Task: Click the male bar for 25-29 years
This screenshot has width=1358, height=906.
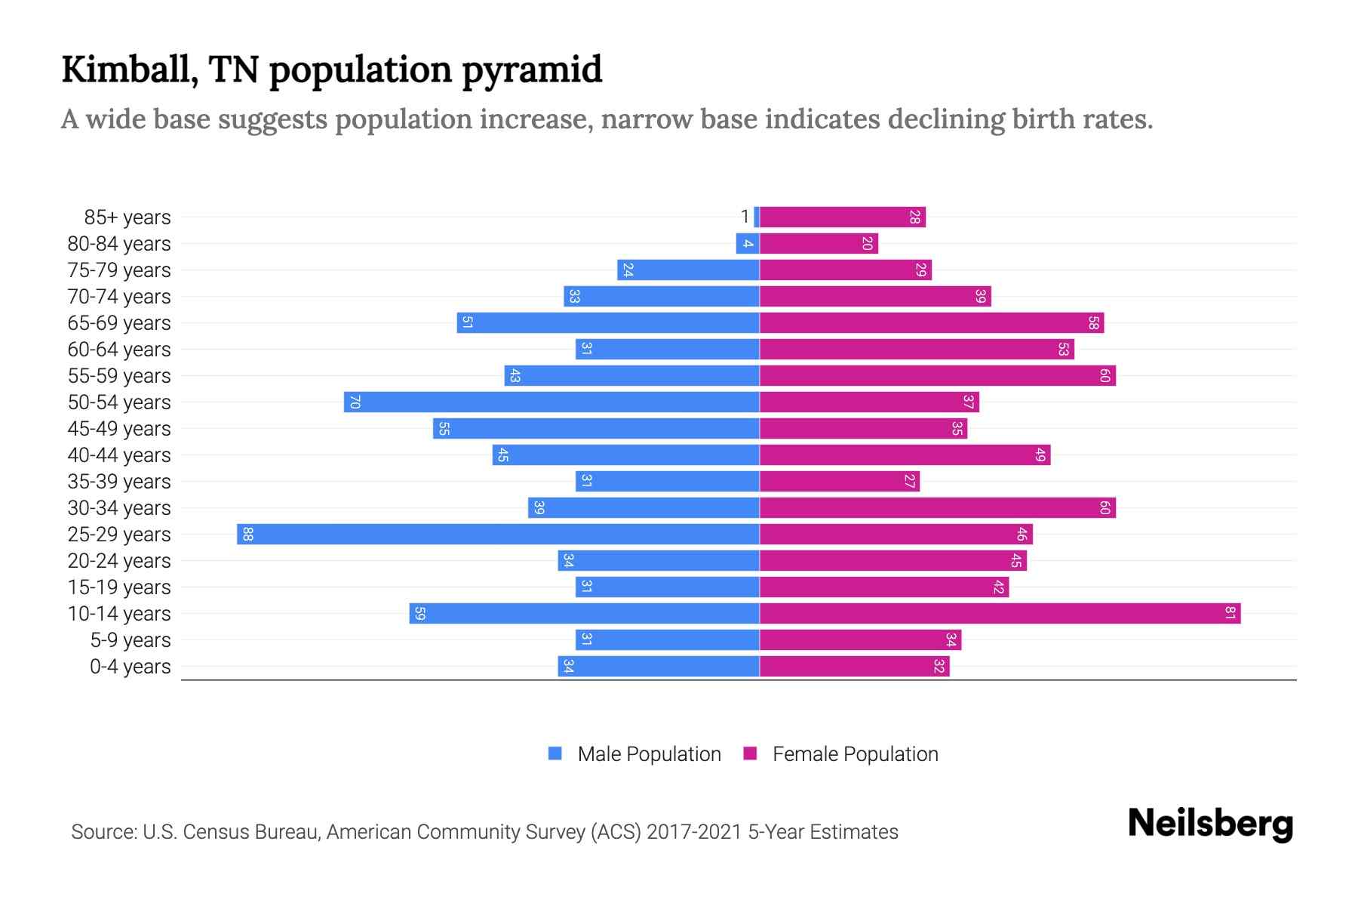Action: point(498,535)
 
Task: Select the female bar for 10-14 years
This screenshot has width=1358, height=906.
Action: point(1000,614)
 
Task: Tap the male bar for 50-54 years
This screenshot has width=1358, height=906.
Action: point(551,402)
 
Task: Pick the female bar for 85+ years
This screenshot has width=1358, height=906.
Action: point(842,217)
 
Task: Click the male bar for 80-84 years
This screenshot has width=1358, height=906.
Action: point(748,244)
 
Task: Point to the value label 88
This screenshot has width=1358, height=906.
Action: point(247,535)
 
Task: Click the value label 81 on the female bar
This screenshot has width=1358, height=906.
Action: point(1230,614)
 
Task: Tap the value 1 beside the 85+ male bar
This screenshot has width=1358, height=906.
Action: point(745,217)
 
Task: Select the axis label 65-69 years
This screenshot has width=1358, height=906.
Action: point(119,323)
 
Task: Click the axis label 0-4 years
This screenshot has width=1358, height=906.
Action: point(130,667)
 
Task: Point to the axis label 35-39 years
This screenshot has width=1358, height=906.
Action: point(119,482)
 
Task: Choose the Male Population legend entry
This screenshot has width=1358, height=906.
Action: point(649,754)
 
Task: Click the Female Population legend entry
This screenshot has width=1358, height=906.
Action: point(855,754)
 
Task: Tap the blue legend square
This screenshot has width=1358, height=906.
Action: point(555,753)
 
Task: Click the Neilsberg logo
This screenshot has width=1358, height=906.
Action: point(1210,824)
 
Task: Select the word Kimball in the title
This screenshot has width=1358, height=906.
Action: point(129,69)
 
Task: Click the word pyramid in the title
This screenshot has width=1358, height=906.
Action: point(532,69)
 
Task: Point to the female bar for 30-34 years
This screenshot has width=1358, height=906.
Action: point(937,508)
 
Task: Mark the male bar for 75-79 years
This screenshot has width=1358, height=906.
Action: point(688,270)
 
